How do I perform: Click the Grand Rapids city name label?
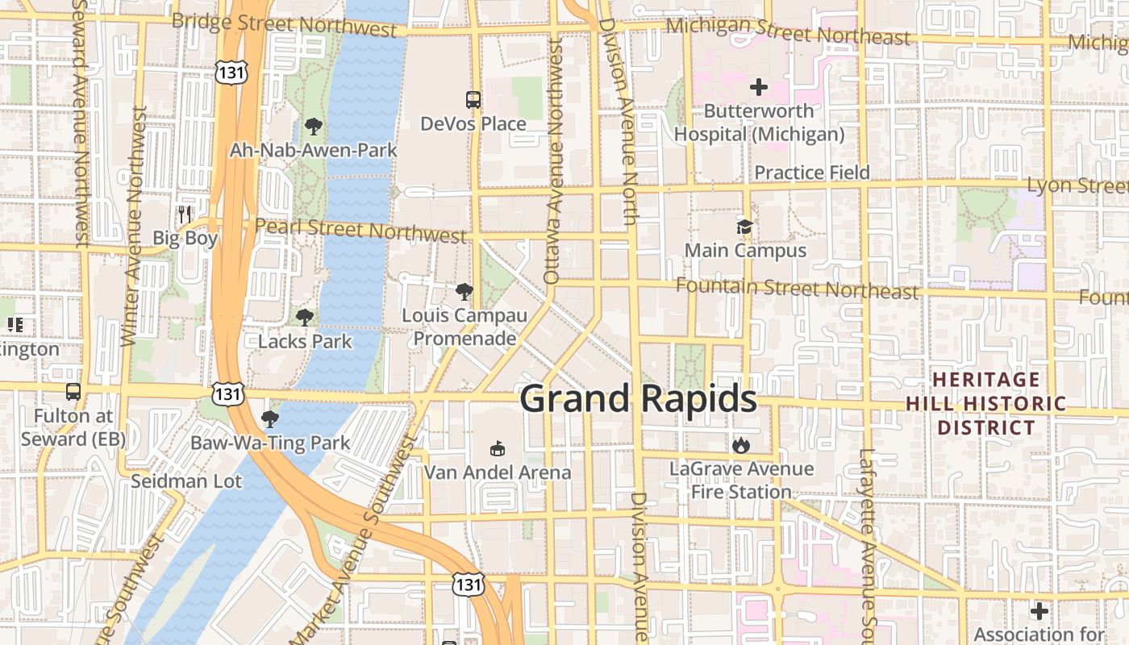638,399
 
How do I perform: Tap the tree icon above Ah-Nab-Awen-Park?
313,127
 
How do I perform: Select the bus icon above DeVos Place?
473,100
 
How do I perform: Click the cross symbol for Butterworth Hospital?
758,86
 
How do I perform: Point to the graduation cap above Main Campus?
744,227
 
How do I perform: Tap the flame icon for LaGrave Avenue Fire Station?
741,445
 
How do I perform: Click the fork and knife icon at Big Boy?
185,214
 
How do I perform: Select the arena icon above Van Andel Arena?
498,449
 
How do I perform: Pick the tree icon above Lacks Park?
304,318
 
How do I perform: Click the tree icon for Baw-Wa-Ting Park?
270,419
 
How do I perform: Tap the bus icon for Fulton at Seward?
73,392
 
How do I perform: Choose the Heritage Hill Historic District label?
985,403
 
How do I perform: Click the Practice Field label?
811,173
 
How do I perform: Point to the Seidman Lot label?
186,481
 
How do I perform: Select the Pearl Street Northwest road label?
360,230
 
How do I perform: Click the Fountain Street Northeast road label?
797,288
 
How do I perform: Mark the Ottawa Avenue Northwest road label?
553,161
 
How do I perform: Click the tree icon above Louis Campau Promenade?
464,292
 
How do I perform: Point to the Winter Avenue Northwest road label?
132,226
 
